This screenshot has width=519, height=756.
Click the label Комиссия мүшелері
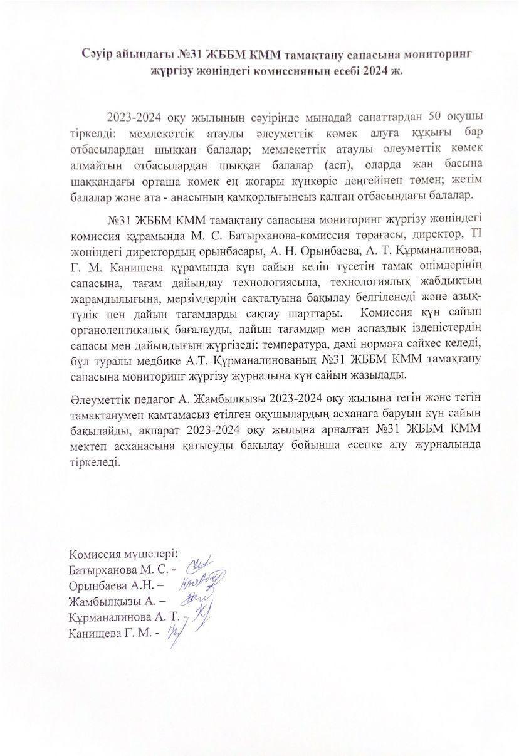coord(124,555)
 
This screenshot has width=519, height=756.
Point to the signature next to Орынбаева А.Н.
coord(202,582)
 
